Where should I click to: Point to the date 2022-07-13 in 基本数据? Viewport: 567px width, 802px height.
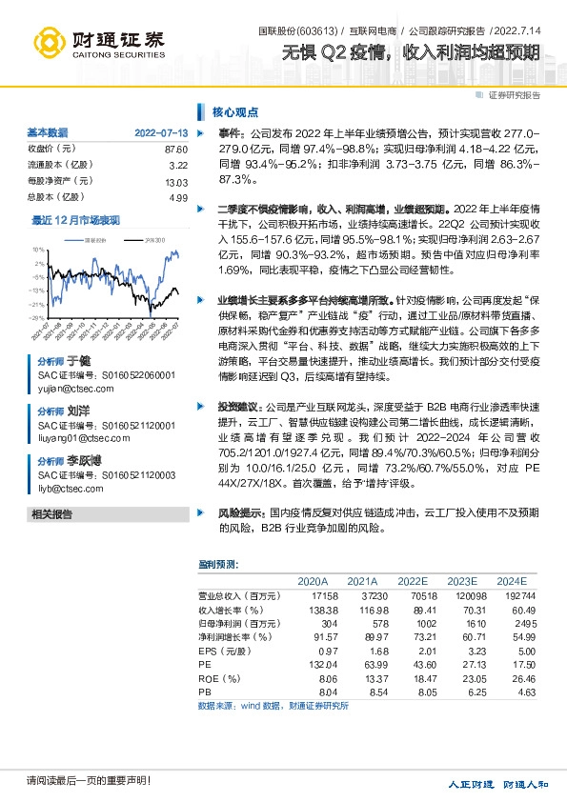pyautogui.click(x=161, y=132)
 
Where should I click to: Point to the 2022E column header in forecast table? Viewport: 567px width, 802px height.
pyautogui.click(x=413, y=581)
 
